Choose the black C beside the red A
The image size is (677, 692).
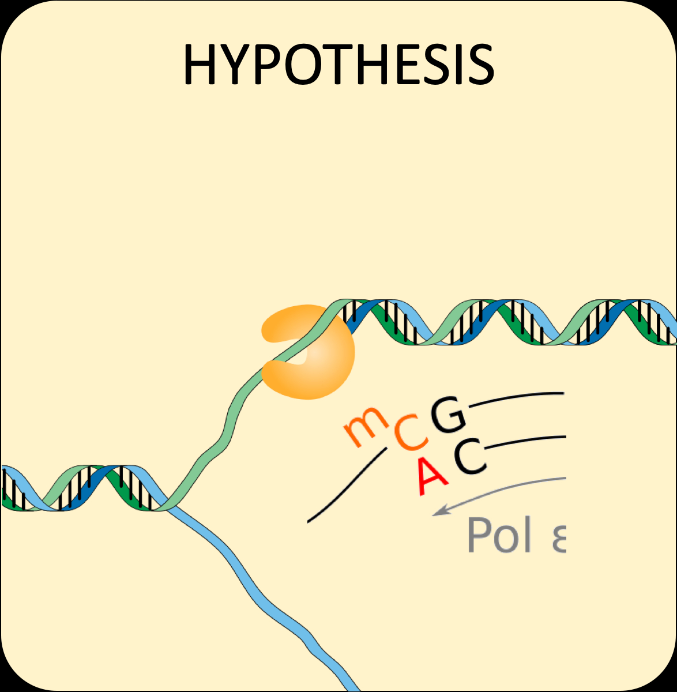pyautogui.click(x=469, y=458)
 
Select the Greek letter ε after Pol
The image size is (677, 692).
pyautogui.click(x=558, y=537)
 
